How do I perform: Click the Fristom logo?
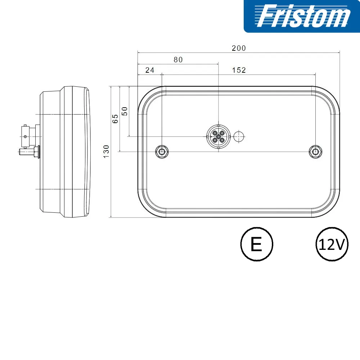(302, 16)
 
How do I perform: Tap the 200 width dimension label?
(239, 48)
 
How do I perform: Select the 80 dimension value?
(178, 60)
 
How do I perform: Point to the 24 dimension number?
(150, 70)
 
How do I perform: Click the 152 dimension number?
(239, 70)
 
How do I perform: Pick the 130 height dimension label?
(106, 152)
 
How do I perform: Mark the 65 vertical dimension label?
(115, 119)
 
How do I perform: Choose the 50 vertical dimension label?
(125, 111)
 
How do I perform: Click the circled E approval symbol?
(257, 244)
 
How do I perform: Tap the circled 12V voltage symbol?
(332, 244)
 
